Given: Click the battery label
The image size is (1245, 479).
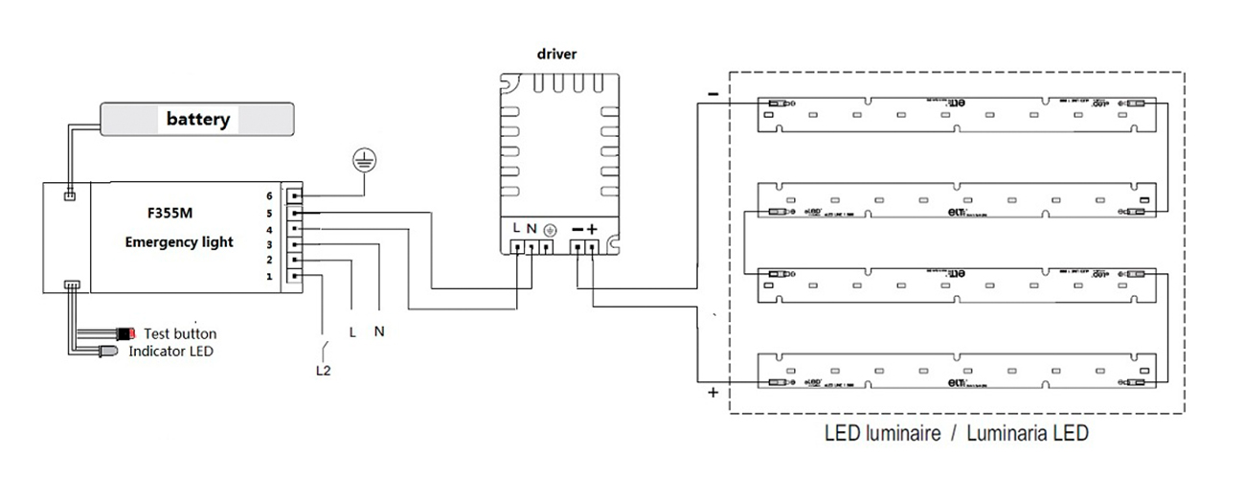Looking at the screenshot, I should pyautogui.click(x=198, y=120).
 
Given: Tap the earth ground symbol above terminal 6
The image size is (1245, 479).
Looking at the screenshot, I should pyautogui.click(x=363, y=159).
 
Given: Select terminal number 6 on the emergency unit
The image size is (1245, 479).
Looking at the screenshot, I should pyautogui.click(x=270, y=194).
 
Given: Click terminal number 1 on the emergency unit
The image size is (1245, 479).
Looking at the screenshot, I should pyautogui.click(x=270, y=277).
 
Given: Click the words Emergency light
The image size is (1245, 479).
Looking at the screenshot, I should pyautogui.click(x=179, y=242).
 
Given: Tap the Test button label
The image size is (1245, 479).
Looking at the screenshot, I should pyautogui.click(x=180, y=333).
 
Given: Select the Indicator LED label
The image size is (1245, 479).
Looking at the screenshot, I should pyautogui.click(x=171, y=351).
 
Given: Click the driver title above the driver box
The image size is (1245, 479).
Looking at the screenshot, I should pyautogui.click(x=556, y=54).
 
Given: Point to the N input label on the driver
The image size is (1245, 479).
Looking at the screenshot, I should pyautogui.click(x=532, y=229).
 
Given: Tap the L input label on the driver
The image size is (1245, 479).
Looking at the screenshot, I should pyautogui.click(x=517, y=229).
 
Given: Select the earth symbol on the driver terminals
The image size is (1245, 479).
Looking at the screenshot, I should pyautogui.click(x=550, y=230).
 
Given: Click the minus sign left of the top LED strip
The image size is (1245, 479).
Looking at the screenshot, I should pyautogui.click(x=712, y=94).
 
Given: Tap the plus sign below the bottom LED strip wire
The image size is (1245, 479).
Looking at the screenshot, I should pyautogui.click(x=712, y=393).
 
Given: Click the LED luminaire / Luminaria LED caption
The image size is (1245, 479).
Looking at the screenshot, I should pyautogui.click(x=956, y=433).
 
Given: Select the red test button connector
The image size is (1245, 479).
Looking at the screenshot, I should pyautogui.click(x=126, y=333).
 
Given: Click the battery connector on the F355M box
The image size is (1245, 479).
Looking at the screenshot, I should pyautogui.click(x=69, y=196).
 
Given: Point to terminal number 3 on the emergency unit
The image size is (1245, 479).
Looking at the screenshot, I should pyautogui.click(x=270, y=244).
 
